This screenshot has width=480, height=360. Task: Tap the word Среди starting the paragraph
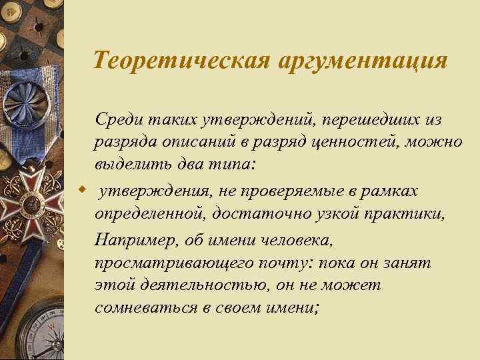[117, 119]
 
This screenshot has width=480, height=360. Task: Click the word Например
[130, 239]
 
